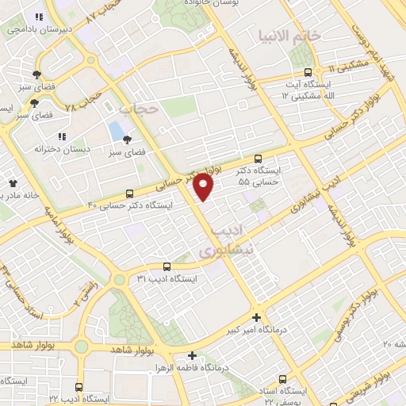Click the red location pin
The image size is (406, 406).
pos(204,187)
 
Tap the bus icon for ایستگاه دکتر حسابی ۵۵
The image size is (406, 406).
pos(257,159)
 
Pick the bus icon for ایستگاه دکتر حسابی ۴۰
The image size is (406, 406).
pos(130,193)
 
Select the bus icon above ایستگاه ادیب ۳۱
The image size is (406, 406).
pos(167,267)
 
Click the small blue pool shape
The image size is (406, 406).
pos(116,128)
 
